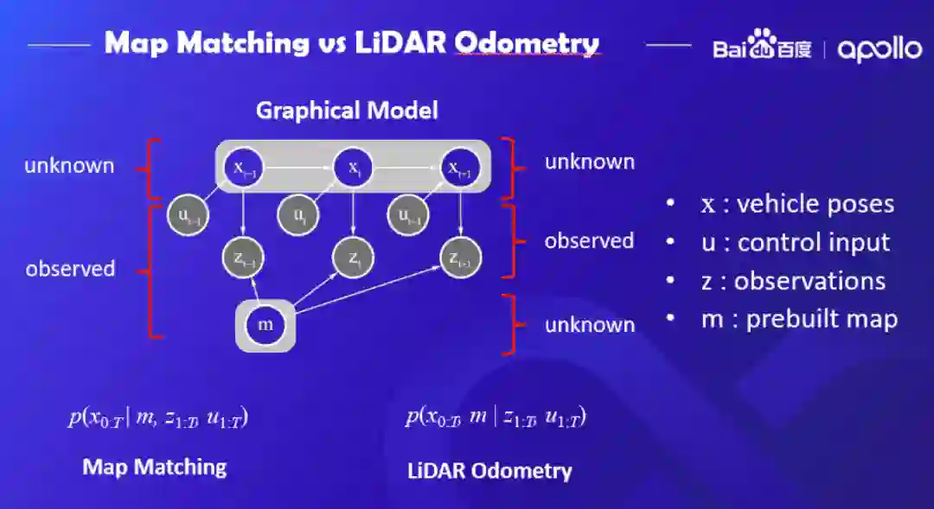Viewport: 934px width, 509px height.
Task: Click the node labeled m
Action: point(265,325)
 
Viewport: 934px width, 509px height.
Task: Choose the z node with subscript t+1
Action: point(460,257)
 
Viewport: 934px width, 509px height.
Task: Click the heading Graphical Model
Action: point(347,111)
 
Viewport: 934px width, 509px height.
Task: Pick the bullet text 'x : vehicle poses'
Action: point(797,204)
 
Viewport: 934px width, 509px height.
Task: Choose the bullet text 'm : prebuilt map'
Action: point(799,319)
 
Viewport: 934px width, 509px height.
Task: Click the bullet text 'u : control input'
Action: point(795,243)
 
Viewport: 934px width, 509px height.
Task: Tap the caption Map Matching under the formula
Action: point(154,468)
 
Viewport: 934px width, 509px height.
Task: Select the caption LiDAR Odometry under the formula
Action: point(489,471)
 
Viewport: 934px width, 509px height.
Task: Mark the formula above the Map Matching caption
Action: point(159,418)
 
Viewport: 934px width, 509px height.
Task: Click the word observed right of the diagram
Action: point(589,241)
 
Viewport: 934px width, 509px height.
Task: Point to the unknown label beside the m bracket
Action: point(589,325)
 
